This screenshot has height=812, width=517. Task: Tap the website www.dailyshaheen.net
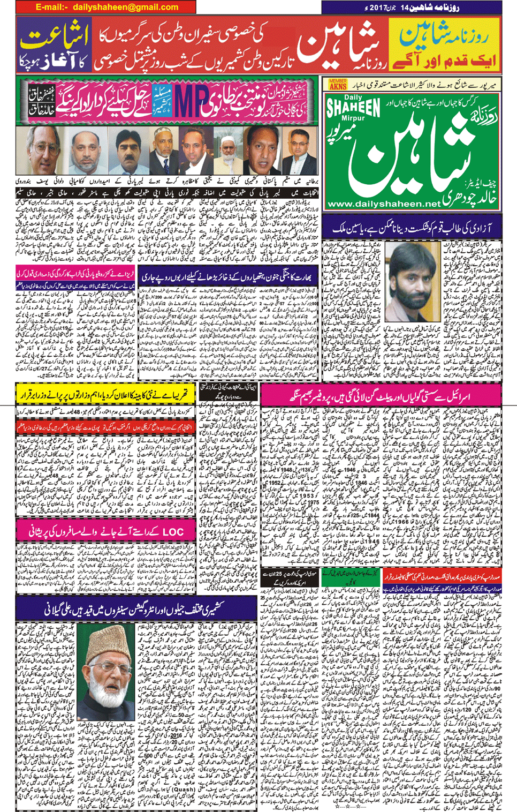383,204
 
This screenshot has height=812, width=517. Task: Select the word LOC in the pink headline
172,532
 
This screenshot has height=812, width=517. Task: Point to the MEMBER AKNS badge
337,84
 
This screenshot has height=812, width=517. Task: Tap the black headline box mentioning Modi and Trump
289,578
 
